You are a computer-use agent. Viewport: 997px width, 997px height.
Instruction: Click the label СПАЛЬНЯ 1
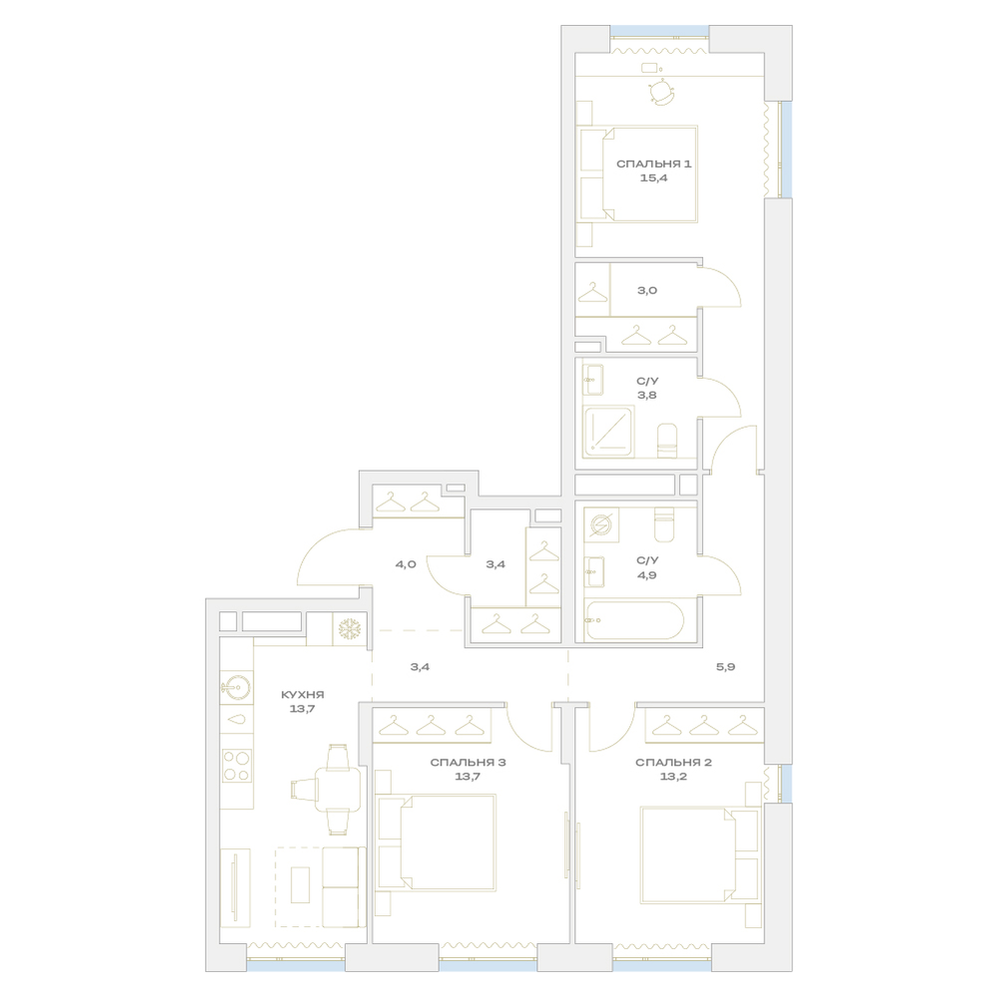[x=654, y=165]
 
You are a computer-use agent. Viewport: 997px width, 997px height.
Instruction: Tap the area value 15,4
[x=654, y=178]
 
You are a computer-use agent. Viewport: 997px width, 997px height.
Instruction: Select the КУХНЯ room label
[x=303, y=695]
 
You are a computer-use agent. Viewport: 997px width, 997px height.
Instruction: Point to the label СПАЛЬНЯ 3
[x=468, y=763]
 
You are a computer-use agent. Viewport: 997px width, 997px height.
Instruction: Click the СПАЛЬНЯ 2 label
[x=673, y=763]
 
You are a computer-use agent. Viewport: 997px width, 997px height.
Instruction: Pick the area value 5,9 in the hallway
[x=726, y=668]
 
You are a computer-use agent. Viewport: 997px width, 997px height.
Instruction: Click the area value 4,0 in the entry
[x=406, y=564]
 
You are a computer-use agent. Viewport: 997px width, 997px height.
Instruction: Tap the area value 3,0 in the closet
[x=647, y=290]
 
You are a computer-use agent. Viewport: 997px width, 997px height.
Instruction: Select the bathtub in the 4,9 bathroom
[x=634, y=620]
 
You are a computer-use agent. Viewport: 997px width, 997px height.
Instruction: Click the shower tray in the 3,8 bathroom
[x=608, y=432]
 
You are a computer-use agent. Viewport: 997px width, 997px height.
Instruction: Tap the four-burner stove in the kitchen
[x=236, y=766]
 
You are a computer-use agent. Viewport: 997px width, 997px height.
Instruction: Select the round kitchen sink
[x=236, y=687]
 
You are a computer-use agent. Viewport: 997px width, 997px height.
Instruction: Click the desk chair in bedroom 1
[x=661, y=92]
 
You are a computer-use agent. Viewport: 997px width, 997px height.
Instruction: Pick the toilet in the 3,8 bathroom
[x=667, y=441]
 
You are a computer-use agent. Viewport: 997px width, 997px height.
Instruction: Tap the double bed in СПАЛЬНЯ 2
[x=701, y=854]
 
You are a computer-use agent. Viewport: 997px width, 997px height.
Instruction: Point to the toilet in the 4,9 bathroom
[x=664, y=524]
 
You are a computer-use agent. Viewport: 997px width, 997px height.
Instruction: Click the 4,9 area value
[x=647, y=575]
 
